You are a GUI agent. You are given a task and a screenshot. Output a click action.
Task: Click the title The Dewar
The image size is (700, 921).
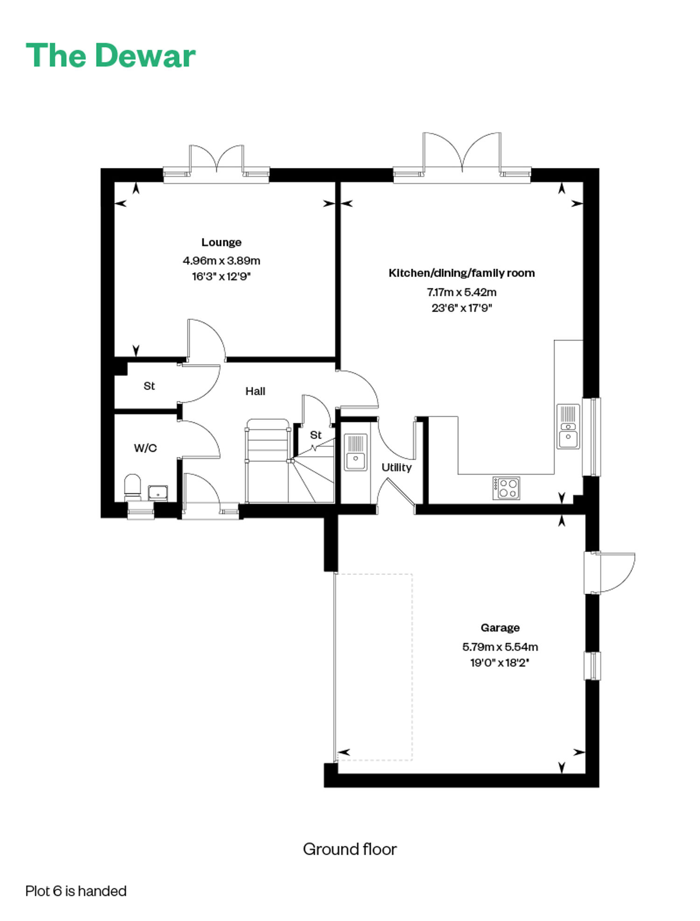click(111, 56)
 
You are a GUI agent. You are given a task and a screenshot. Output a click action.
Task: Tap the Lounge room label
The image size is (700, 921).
click(221, 242)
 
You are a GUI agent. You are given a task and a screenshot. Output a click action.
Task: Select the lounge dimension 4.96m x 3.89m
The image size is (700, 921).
click(221, 261)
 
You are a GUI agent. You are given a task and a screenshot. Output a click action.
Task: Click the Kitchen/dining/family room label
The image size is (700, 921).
click(462, 273)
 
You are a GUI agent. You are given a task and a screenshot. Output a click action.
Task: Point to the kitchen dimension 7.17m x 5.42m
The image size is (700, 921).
click(462, 292)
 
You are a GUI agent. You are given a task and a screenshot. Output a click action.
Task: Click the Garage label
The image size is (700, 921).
click(500, 628)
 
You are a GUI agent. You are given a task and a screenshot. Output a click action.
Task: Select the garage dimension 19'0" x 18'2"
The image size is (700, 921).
click(500, 663)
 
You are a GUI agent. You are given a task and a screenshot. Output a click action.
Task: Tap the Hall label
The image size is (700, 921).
click(255, 391)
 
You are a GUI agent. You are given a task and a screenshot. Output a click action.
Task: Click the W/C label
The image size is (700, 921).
click(145, 448)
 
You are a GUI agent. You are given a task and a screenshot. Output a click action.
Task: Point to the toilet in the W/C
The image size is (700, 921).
click(133, 487)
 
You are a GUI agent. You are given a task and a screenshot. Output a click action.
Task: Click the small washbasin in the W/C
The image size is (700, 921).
click(158, 493)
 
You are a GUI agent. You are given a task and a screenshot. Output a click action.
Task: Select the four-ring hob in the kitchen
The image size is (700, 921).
click(506, 488)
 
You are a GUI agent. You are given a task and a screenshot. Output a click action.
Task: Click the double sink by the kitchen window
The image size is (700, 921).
click(568, 426)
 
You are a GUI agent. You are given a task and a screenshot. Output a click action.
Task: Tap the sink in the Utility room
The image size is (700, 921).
click(356, 452)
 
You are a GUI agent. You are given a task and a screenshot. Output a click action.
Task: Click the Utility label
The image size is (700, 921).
click(397, 468)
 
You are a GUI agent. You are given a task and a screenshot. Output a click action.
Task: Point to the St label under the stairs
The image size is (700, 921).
click(316, 435)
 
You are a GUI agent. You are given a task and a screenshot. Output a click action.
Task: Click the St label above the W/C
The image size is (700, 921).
click(149, 386)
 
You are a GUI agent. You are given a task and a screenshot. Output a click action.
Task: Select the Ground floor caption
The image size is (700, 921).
click(350, 849)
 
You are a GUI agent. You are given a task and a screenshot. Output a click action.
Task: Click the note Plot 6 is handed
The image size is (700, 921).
click(76, 891)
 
